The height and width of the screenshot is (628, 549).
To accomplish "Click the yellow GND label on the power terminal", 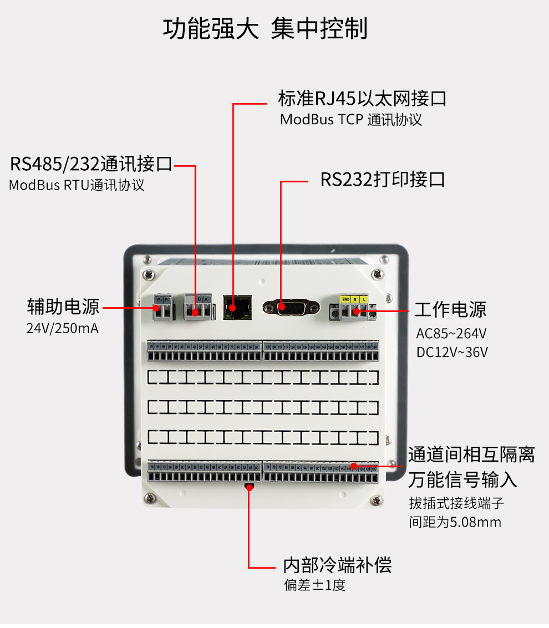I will point(345,299).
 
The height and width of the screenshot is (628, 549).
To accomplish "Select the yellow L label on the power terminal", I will point(364,299).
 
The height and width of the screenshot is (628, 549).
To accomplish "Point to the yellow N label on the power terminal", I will point(355,299).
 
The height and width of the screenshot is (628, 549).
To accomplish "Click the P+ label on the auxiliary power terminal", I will point(159,299).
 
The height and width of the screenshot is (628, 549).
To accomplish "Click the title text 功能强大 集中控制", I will point(265,29).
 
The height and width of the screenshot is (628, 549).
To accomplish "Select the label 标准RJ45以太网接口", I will point(362,99).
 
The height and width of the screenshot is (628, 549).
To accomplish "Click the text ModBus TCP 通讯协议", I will point(351,120).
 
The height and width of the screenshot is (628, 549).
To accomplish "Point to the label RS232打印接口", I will point(383,180).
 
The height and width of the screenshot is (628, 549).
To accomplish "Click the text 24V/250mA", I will point(63,328).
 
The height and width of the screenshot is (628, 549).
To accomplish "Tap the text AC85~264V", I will point(451,334).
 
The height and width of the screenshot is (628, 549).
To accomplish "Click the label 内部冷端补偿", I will point(337,565).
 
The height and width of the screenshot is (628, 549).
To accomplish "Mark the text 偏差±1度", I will point(315,585).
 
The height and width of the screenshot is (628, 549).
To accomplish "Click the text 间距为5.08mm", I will point(455,522).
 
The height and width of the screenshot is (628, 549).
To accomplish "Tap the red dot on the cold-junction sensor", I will point(249,487).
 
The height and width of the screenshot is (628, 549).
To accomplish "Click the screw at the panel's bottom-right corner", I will point(377,501).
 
